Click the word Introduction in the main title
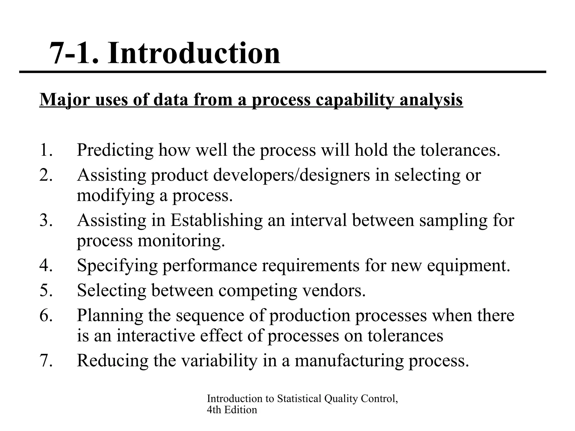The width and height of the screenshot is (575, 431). (194, 53)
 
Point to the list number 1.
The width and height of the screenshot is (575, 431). (46, 150)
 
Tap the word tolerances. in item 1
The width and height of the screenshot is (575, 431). (460, 150)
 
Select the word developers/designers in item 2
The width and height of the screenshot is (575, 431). (291, 175)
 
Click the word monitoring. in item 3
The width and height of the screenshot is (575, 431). (181, 241)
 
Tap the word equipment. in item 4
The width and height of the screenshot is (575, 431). (468, 265)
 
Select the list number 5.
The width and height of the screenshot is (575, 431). (46, 290)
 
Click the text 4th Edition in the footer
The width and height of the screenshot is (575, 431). (232, 410)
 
